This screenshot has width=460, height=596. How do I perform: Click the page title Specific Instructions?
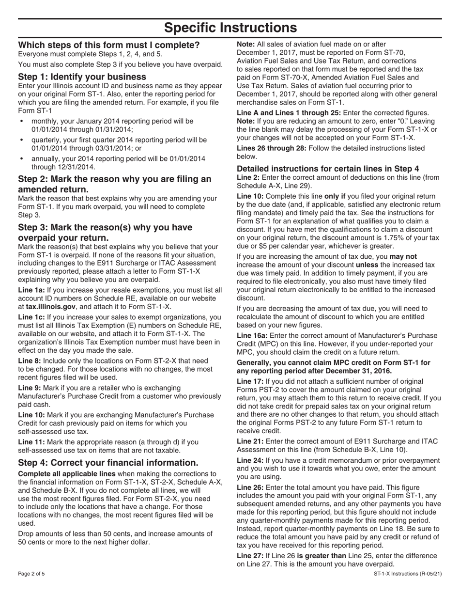[230, 28]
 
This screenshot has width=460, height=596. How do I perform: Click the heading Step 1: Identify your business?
[82, 77]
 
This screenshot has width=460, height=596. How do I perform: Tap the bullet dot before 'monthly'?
[22, 121]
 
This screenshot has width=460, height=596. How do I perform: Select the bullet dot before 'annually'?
[22, 158]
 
